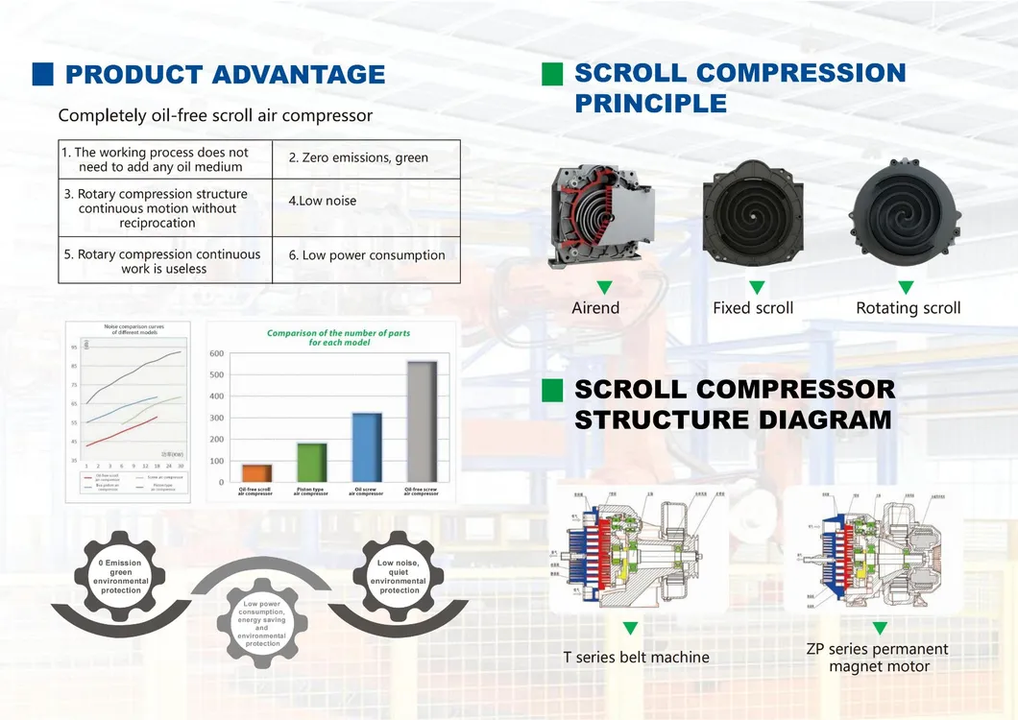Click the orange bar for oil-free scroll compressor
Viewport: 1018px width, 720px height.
click(256, 472)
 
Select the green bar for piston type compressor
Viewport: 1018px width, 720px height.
click(311, 462)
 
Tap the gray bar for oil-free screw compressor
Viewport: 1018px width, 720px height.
click(422, 420)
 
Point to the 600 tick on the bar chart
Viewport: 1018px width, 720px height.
click(217, 353)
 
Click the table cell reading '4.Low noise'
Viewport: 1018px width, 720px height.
click(366, 201)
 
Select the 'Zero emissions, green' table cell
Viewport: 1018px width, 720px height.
click(366, 157)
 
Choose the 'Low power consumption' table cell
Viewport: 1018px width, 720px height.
click(366, 255)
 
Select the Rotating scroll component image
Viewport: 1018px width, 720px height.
click(907, 211)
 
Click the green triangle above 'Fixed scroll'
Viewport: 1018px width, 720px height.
click(757, 287)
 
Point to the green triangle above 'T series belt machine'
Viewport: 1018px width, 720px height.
click(630, 629)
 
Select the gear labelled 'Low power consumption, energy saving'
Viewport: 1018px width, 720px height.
click(262, 625)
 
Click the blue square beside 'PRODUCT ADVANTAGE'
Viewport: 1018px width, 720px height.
click(43, 74)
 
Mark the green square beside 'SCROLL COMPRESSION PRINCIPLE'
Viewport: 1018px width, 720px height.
click(552, 74)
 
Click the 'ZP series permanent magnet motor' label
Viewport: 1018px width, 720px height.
click(878, 658)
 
